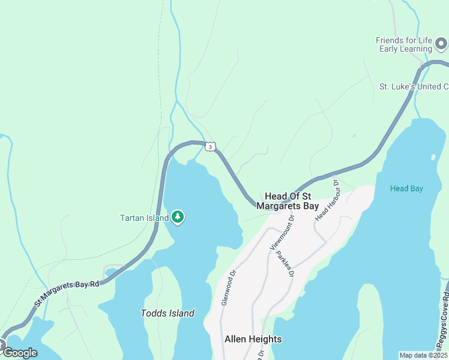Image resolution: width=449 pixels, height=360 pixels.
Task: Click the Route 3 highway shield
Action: [x=209, y=146]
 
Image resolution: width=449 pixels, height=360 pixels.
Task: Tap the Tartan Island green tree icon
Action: [x=177, y=217]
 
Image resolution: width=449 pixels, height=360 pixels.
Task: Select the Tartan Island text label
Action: [x=144, y=218]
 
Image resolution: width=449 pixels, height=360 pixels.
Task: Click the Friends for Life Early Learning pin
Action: [x=441, y=44]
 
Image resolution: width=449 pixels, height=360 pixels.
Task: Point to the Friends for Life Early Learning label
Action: [x=404, y=44]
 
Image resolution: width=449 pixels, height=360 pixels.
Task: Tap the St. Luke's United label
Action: [x=414, y=86]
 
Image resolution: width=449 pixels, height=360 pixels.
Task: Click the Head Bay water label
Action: [x=406, y=188]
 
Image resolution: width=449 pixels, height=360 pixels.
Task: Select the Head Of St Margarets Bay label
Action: [x=288, y=201]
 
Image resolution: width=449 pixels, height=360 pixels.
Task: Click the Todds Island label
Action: [x=167, y=313]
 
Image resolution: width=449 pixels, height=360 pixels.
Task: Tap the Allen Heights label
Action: [x=253, y=339]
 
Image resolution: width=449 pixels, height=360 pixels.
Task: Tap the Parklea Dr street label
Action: [x=285, y=263]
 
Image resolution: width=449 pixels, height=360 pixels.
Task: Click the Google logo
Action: [x=20, y=353]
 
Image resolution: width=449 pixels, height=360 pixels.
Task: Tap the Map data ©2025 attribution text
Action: [x=423, y=355]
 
